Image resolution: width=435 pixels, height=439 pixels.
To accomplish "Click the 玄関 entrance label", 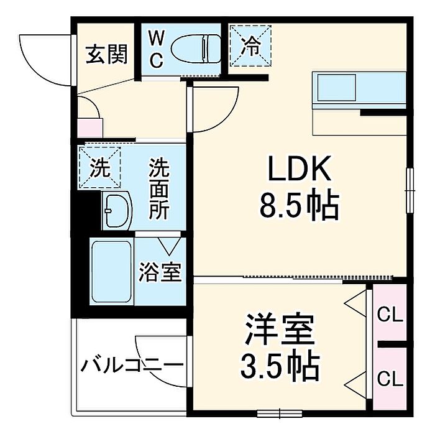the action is tap(107, 53).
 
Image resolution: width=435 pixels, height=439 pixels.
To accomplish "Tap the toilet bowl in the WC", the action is tap(195, 49).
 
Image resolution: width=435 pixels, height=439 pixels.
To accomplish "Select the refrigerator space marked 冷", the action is tap(250, 46).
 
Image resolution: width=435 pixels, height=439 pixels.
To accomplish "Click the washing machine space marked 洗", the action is tap(100, 167).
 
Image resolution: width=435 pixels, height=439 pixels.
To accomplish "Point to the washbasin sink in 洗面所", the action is tap(117, 211).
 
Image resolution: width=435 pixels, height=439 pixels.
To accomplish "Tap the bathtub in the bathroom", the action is tap(112, 272).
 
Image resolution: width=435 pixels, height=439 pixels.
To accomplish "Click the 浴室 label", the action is tap(160, 272).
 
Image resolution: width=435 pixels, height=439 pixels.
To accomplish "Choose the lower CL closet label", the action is tap(390, 379).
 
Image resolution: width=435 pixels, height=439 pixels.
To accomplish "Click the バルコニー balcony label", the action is tap(132, 365).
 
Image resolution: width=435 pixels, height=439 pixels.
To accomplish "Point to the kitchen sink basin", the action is tap(337, 88).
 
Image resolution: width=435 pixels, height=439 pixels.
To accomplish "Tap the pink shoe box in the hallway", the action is tap(90, 128).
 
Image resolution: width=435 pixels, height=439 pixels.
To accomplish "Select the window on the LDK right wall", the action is tap(410, 190).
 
